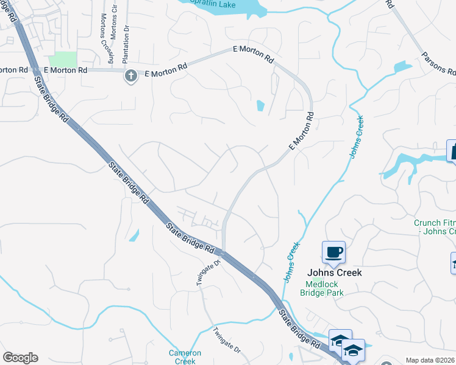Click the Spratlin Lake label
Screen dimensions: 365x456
click(x=213, y=4)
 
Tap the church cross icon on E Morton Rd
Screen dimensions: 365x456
click(x=130, y=77)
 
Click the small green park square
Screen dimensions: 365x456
click(x=63, y=60)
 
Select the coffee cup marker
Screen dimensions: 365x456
click(x=333, y=252)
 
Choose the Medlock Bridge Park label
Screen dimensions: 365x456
click(x=321, y=288)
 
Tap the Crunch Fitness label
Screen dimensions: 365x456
click(x=435, y=227)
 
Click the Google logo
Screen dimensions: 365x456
click(x=20, y=358)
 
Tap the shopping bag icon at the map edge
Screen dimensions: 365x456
click(x=452, y=151)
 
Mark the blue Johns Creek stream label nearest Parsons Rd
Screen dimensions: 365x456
click(x=357, y=137)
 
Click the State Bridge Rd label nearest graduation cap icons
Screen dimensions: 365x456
click(x=300, y=329)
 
